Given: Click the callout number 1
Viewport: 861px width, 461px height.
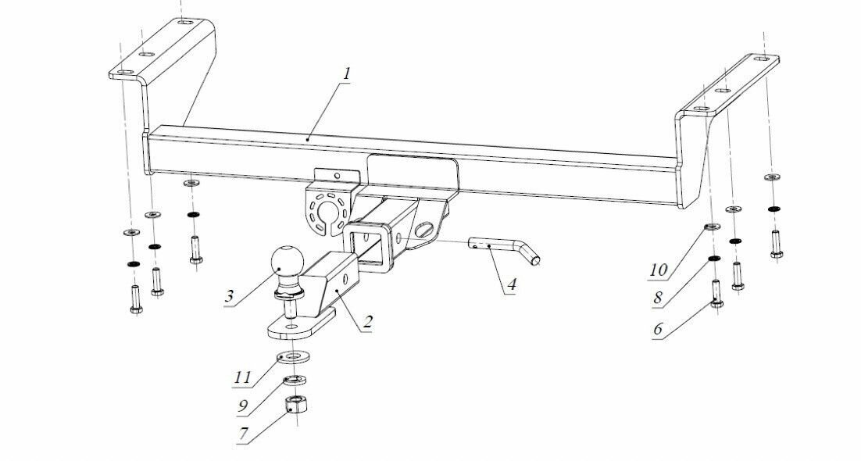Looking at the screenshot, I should [346, 74].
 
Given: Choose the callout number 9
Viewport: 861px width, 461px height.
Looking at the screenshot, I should [244, 405].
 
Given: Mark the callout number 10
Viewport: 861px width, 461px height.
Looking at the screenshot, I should [658, 270].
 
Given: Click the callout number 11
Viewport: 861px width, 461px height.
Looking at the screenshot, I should [244, 377].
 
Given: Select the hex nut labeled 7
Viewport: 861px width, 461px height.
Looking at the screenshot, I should [295, 404].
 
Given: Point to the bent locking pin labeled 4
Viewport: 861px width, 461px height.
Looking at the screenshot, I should [501, 249].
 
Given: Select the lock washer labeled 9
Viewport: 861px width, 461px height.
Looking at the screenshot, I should [294, 381].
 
